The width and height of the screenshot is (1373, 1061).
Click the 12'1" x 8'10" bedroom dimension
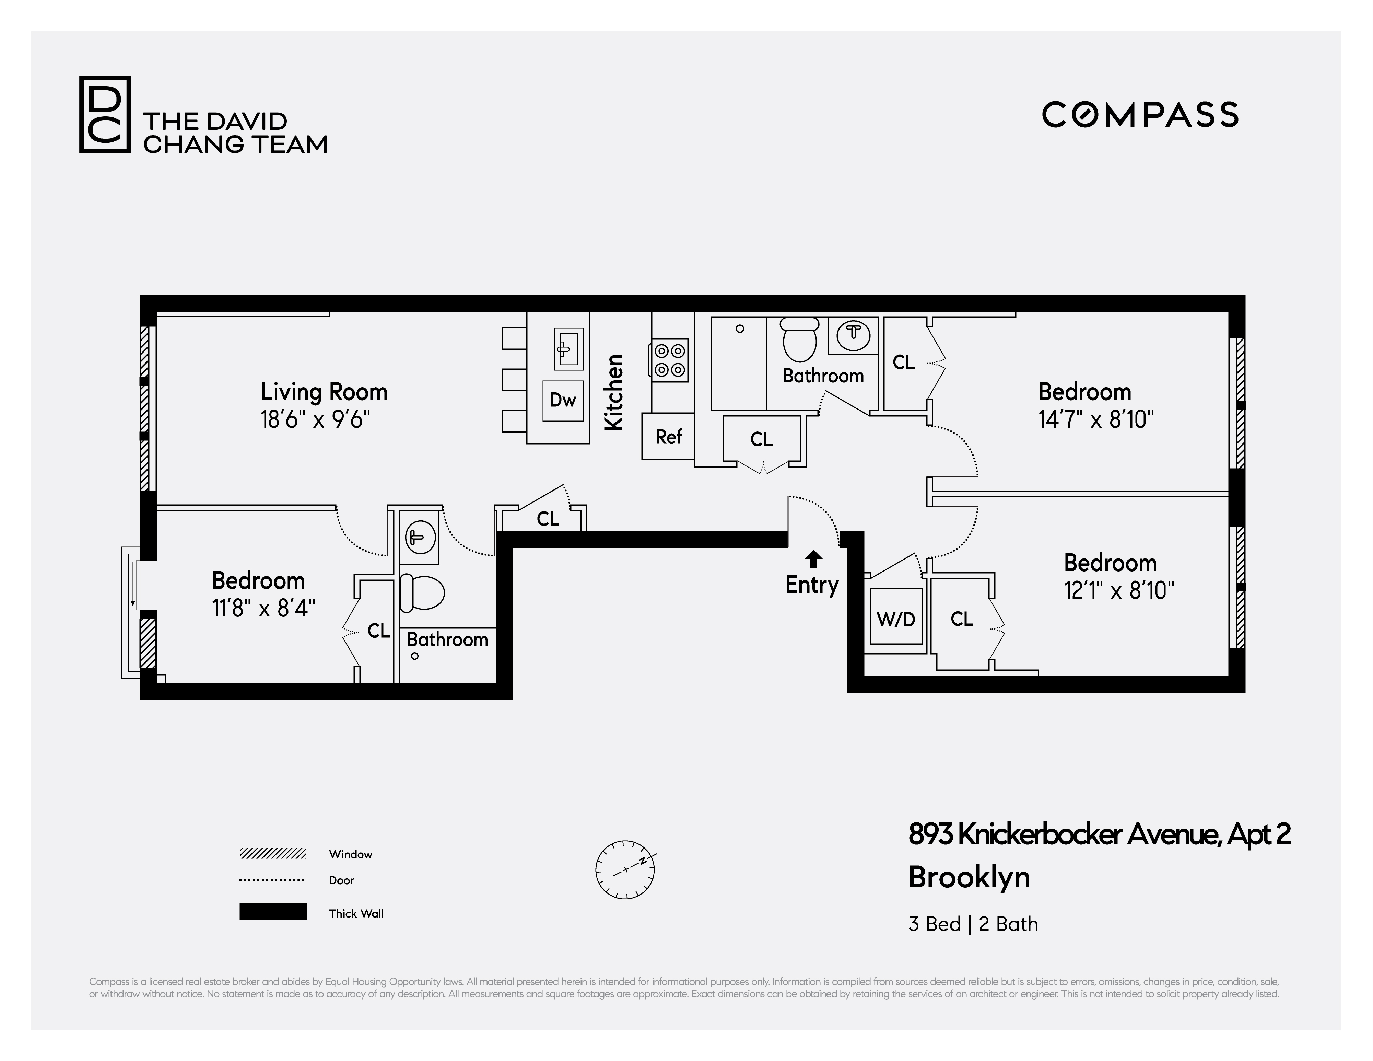tap(1118, 590)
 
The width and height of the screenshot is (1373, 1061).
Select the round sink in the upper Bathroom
tap(853, 333)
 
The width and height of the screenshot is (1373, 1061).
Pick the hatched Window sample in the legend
tap(273, 853)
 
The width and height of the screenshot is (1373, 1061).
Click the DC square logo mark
tap(104, 114)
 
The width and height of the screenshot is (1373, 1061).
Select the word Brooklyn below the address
tap(969, 877)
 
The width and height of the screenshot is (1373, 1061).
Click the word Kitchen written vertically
tap(613, 392)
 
